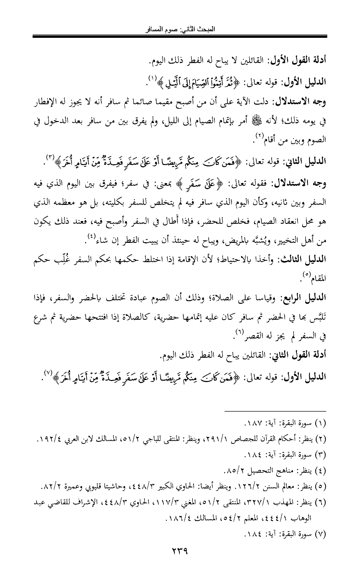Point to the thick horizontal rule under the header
click(x=180, y=35)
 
